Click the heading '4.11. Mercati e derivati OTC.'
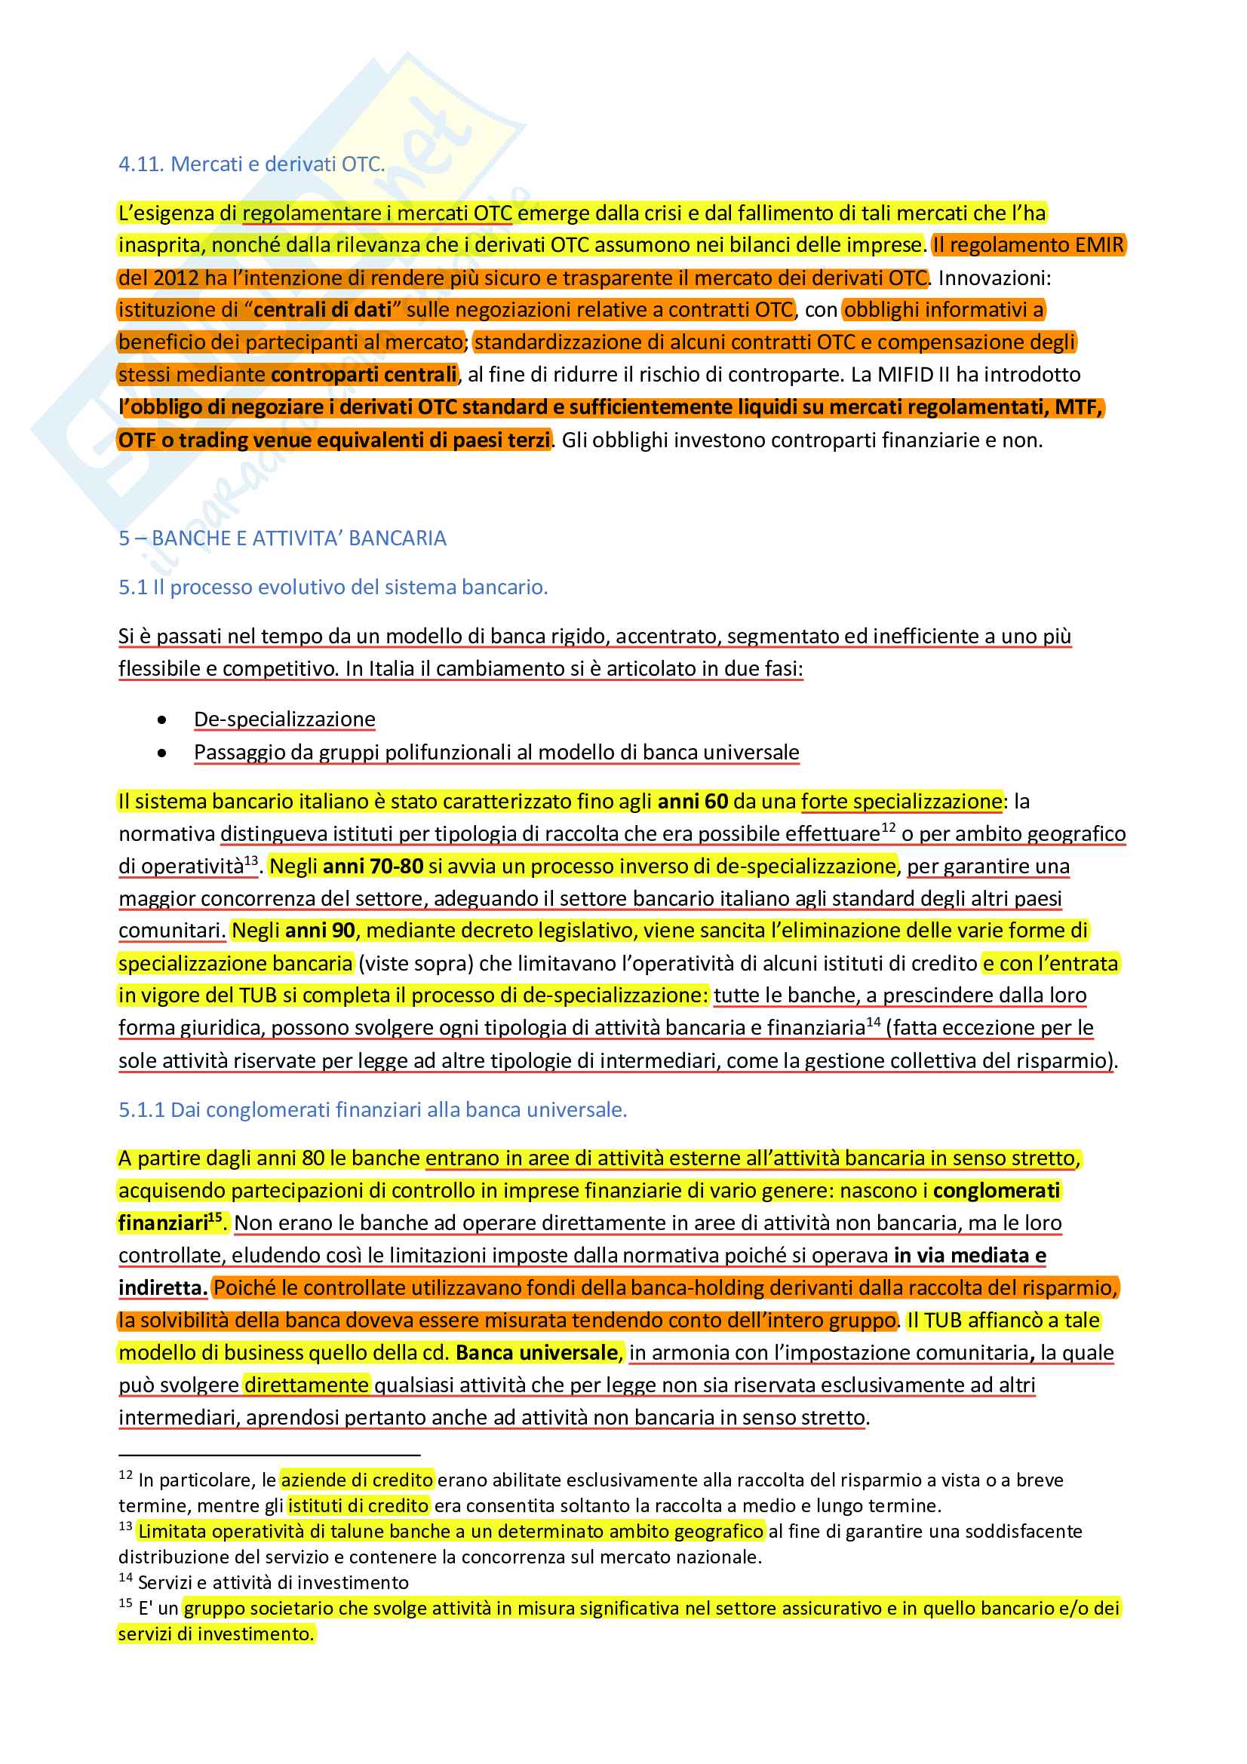point(251,164)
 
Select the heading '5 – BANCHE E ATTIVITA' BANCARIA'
point(282,538)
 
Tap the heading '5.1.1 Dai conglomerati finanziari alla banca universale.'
point(373,1109)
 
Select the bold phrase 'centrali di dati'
point(322,310)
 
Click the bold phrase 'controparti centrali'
point(364,374)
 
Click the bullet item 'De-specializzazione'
point(284,719)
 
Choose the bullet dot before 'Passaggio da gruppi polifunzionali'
point(161,753)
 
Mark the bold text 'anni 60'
point(693,802)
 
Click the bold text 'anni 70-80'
point(373,867)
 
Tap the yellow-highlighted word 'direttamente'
point(306,1385)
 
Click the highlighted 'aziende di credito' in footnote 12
point(358,1480)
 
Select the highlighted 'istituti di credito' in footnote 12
point(358,1505)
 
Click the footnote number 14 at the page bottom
point(125,1578)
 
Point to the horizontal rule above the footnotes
point(269,1454)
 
